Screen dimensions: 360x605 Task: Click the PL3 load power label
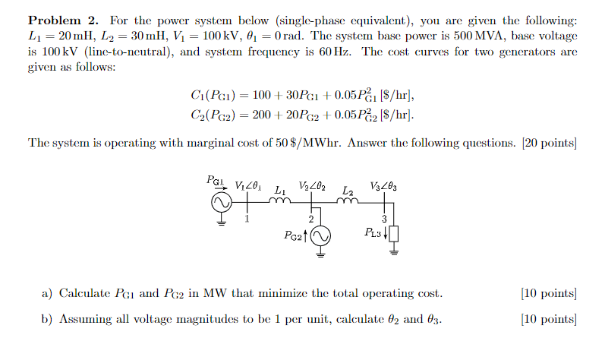click(x=373, y=233)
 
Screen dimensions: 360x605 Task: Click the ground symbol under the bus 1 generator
click(x=222, y=223)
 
